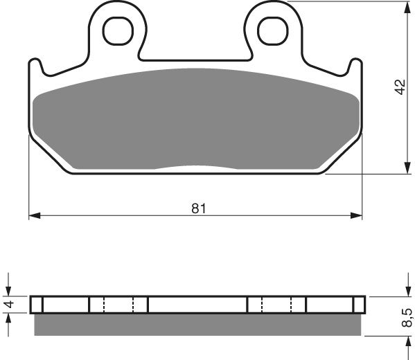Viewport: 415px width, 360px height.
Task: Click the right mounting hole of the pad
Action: [272, 28]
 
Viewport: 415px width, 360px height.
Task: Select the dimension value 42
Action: [398, 88]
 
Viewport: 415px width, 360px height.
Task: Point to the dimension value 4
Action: [9, 305]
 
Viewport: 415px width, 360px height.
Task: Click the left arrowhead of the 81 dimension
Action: [33, 217]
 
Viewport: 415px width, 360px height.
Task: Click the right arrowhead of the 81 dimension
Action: [357, 217]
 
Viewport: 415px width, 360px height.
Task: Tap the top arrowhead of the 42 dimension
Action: [406, 7]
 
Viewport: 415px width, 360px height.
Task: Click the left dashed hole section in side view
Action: [118, 305]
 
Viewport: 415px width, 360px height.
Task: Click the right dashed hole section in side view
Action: [277, 305]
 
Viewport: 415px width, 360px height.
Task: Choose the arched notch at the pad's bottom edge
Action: [197, 168]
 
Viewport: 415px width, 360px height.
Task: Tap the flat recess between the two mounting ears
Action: [195, 57]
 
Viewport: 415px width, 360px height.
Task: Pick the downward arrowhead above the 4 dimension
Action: [9, 290]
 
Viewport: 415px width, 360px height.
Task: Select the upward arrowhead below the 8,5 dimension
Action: [406, 340]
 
